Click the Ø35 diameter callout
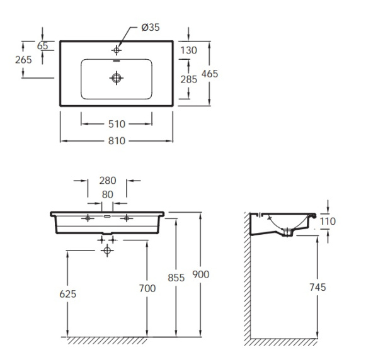151,27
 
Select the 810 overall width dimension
117,141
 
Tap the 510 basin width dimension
117,124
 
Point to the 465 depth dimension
210,74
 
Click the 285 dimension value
189,79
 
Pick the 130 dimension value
189,50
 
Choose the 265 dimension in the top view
23,60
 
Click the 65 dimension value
43,46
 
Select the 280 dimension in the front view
108,181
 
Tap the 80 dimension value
108,194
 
